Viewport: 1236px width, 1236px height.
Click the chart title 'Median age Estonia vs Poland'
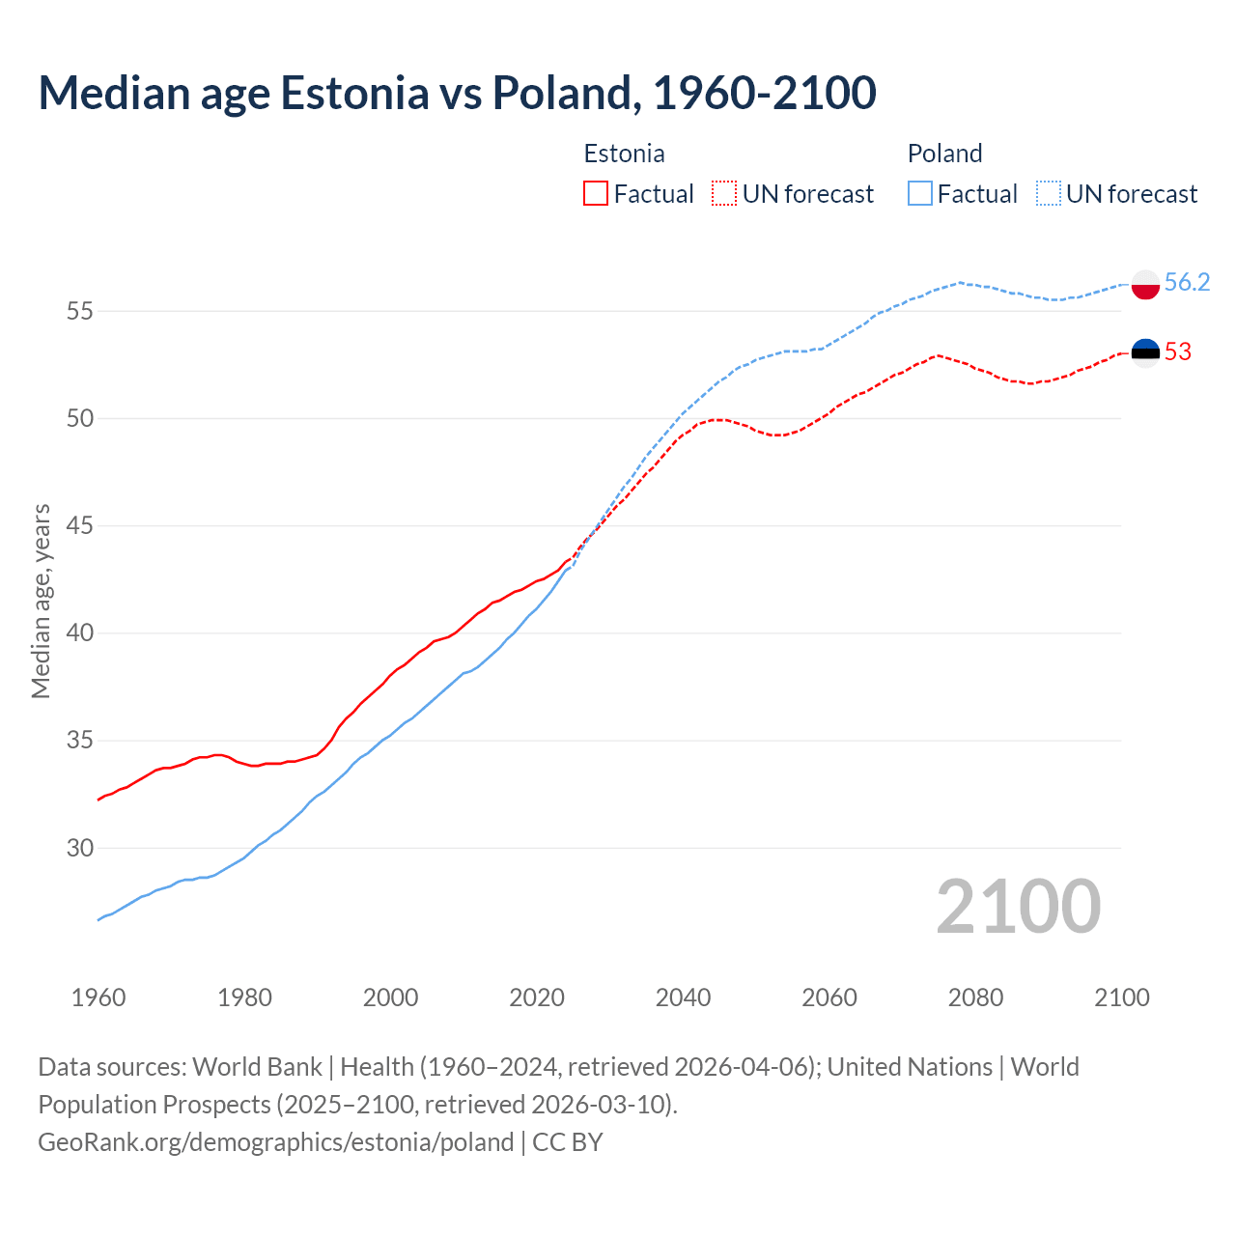point(457,93)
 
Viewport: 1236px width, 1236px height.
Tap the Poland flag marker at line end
point(1145,284)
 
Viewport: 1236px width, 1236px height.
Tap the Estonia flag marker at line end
point(1145,352)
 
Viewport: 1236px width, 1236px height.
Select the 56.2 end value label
point(1187,282)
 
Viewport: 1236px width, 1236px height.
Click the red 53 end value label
point(1178,351)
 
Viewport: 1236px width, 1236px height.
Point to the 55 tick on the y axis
point(80,311)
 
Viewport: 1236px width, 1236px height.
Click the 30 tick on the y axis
point(80,848)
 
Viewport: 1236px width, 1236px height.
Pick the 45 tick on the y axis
point(80,526)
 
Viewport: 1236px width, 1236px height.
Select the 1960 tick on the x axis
point(98,997)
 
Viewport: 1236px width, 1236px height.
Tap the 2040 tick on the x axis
point(683,997)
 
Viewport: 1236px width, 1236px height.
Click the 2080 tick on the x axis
point(975,997)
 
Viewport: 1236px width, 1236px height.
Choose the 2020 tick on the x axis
point(537,997)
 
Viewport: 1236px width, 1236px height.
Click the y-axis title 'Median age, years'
point(41,601)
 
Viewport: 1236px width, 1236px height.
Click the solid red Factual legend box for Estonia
point(596,194)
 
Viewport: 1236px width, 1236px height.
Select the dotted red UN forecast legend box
point(724,194)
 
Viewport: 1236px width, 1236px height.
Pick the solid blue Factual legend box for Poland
point(920,194)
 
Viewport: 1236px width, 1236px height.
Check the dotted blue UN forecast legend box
point(1049,194)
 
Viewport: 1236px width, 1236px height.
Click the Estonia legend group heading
point(624,154)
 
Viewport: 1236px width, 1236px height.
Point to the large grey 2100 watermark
point(1018,907)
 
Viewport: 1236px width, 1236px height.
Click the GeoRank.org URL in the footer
point(275,1142)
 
